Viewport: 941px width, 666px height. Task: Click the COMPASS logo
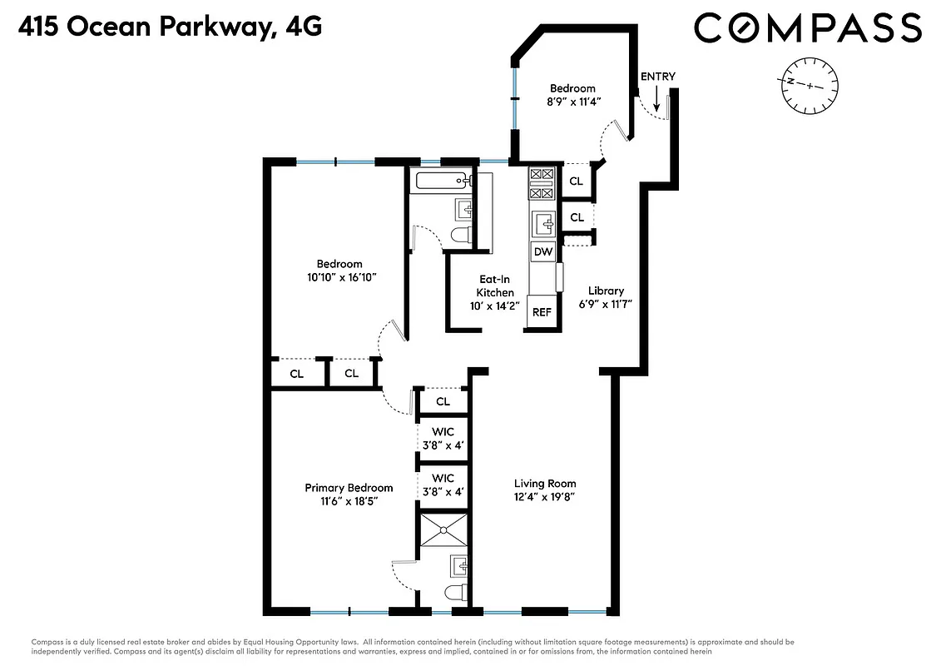pos(807,27)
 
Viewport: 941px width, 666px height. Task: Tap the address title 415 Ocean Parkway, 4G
pos(169,27)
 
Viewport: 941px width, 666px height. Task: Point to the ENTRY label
pos(657,77)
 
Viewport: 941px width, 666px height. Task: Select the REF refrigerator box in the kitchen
pos(542,312)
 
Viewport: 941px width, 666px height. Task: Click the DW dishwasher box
pos(543,251)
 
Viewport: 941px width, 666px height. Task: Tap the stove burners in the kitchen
pos(542,184)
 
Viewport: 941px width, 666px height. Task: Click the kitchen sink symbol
pos(543,221)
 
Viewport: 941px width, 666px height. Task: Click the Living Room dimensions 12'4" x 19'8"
pos(544,497)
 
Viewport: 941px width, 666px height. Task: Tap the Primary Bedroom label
pos(349,488)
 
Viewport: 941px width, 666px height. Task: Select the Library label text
pos(606,291)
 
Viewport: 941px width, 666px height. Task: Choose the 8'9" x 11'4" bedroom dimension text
pos(573,102)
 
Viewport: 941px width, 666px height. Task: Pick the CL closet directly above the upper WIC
pos(443,401)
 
